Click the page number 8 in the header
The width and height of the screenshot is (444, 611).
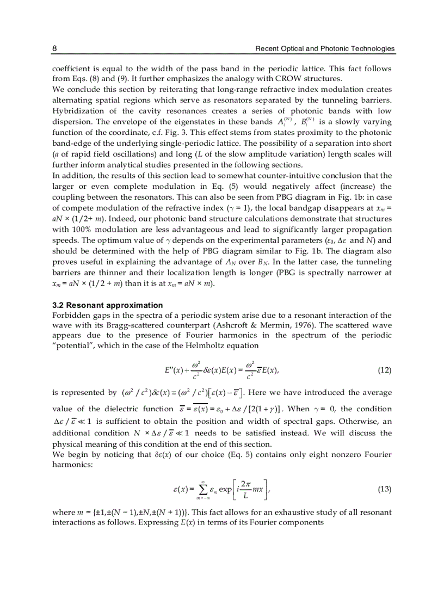(54, 49)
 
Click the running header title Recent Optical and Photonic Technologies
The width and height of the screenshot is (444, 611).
(325, 49)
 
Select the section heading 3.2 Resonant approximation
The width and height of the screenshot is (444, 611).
(107, 305)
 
